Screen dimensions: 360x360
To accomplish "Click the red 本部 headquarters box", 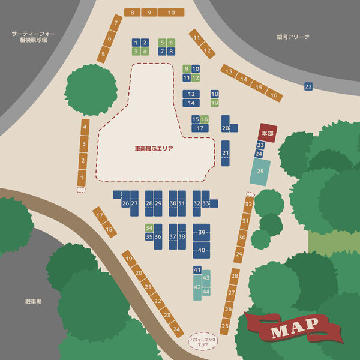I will (267, 133).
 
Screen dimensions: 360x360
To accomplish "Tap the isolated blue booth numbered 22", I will (308, 86).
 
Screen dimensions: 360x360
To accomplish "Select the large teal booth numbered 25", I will (260, 172).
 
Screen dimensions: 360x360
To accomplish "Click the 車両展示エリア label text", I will (154, 148).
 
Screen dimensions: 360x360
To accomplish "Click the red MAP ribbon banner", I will (294, 328).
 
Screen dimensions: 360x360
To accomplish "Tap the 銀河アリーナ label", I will (293, 37).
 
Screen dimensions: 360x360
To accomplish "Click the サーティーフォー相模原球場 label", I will (34, 37).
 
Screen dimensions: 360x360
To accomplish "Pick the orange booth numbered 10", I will (172, 13).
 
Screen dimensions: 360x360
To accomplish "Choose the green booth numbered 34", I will (149, 227).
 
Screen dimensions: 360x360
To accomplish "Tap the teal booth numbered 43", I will (206, 278).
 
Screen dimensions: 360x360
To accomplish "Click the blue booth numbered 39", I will (202, 232).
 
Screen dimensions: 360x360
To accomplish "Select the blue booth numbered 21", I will (225, 153).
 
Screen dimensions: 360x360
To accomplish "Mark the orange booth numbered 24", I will (176, 328).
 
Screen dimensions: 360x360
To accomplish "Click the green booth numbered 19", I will (215, 103).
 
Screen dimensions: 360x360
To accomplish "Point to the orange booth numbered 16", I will (274, 95).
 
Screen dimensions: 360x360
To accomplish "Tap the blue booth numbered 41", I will (197, 270).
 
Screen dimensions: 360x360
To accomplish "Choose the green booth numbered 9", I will (187, 68).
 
